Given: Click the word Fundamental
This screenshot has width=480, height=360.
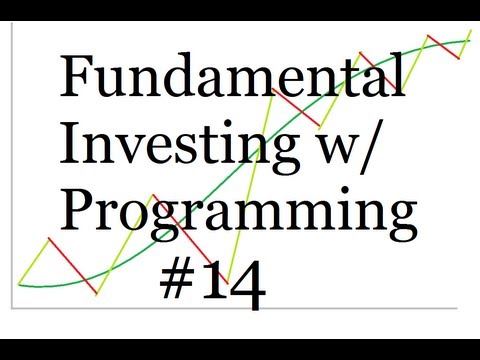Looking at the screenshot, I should click(233, 77).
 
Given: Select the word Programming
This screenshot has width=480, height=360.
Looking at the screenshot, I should click(239, 216).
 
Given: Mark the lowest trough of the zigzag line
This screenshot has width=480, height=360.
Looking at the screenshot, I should click(97, 293).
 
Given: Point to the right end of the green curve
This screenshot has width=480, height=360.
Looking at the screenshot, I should click(468, 41).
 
